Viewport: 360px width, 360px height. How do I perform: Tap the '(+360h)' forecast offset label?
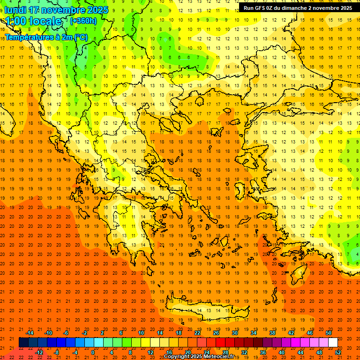(x=83, y=21)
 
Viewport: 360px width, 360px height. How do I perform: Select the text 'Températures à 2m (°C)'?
(x=46, y=37)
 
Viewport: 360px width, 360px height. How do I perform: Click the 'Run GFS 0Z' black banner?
(x=298, y=8)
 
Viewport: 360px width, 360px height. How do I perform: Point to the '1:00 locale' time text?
(x=33, y=21)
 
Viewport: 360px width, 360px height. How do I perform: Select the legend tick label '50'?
(x=329, y=332)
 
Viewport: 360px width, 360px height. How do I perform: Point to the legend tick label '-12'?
(x=39, y=352)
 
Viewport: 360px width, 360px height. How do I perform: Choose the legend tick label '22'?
(x=197, y=332)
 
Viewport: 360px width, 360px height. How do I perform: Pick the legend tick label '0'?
(x=93, y=352)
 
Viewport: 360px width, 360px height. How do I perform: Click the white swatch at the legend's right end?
(x=333, y=343)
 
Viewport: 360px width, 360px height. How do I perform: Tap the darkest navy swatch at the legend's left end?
(x=24, y=343)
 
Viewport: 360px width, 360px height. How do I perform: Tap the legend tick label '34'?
(x=254, y=332)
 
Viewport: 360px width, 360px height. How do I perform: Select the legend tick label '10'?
(x=141, y=332)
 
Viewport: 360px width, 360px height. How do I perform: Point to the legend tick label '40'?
(x=282, y=352)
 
